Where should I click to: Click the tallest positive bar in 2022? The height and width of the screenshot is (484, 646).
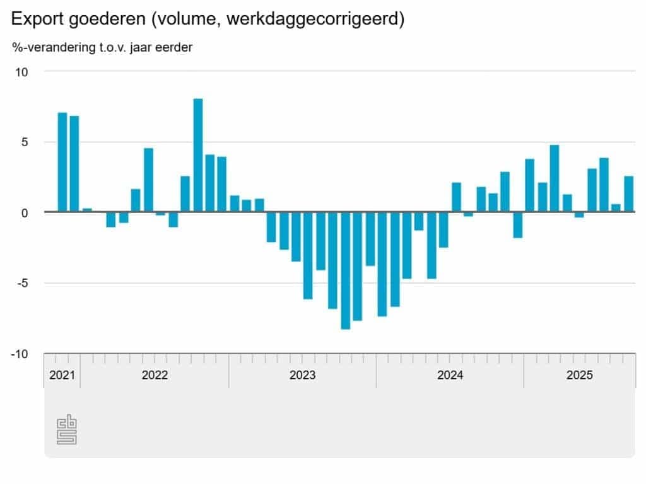pos(197,155)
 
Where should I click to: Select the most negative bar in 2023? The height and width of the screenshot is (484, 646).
pos(345,270)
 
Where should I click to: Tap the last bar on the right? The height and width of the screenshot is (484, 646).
pos(628,194)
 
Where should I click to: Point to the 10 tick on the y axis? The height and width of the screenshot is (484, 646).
pos(21,72)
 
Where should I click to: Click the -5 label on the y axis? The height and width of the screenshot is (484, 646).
pos(21,283)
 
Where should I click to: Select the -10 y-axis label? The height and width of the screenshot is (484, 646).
pos(19,354)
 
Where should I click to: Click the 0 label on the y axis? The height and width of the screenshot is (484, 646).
pos(25,212)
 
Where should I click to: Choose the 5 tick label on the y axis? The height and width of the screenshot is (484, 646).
pos(25,142)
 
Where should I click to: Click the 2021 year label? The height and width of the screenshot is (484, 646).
pos(62,376)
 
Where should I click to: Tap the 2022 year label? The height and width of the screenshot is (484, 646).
pos(155,376)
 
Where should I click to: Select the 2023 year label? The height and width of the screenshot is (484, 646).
pos(302,376)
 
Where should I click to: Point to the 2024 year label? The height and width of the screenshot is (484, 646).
pos(450,376)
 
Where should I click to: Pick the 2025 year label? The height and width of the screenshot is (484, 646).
pos(579,376)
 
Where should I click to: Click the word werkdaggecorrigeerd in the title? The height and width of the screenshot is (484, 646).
pos(312,20)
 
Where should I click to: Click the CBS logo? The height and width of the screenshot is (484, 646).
pos(67,430)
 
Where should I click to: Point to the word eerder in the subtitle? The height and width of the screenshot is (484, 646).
pos(175,47)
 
